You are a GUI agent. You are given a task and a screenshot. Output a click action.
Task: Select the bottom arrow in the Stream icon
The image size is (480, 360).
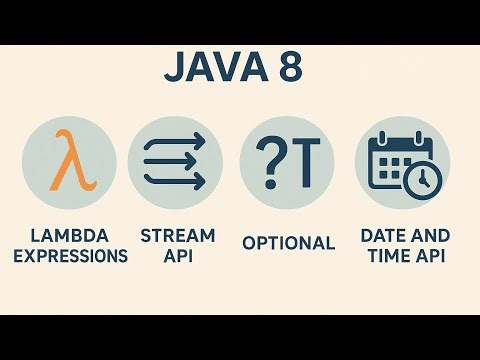click(175, 181)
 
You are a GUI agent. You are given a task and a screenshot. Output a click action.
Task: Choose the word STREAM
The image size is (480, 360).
click(177, 236)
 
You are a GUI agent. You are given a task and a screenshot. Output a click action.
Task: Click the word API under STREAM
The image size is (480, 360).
click(177, 256)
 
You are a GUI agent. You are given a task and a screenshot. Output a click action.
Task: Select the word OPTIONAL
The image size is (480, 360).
click(288, 243)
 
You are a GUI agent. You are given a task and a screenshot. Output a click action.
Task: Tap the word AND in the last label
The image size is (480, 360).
click(430, 236)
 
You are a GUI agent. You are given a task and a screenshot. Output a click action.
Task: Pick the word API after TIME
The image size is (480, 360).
click(431, 256)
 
